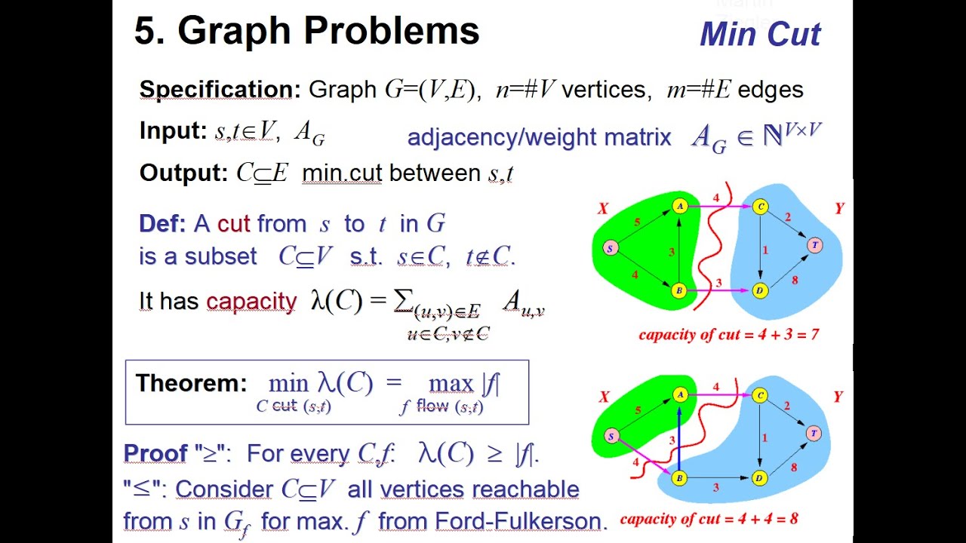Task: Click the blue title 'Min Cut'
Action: [x=760, y=35]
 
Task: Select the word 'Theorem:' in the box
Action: [x=191, y=383]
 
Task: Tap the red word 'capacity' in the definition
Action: [x=251, y=302]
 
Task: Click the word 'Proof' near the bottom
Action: [x=155, y=453]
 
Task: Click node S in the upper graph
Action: [x=610, y=248]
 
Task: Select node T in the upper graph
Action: [x=814, y=245]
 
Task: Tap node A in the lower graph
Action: [x=679, y=394]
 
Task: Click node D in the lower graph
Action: [x=760, y=478]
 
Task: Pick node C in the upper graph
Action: [x=761, y=206]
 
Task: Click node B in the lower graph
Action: [x=678, y=478]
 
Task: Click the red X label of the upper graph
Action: [x=602, y=209]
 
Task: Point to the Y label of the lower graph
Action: [x=838, y=397]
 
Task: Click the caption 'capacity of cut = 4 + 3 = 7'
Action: [x=729, y=334]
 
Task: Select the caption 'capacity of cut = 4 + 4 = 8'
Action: [x=709, y=519]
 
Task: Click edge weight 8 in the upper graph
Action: [x=795, y=280]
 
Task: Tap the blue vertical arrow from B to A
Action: [x=679, y=437]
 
